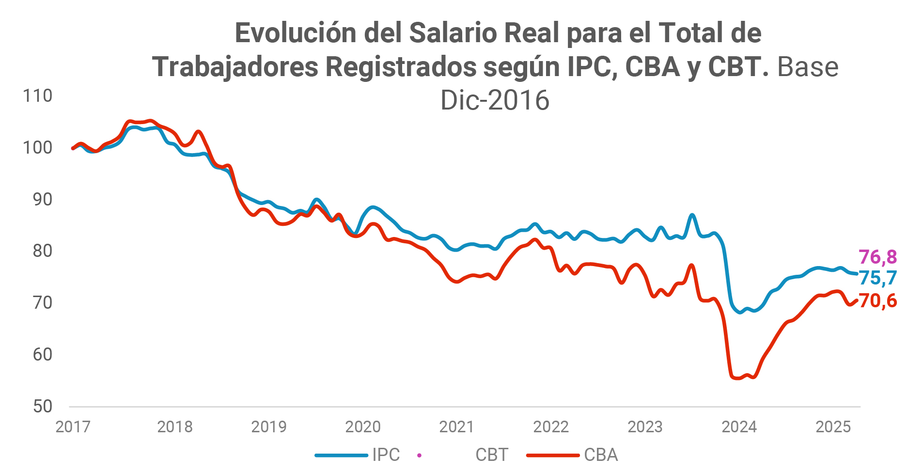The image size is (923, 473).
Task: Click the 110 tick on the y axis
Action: (37, 96)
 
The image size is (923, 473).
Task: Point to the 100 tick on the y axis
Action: (37, 147)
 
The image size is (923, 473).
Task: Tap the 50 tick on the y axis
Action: (42, 406)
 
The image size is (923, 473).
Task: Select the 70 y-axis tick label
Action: (42, 302)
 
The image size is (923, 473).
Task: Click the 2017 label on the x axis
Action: (73, 427)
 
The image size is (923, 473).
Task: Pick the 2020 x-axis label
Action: (363, 427)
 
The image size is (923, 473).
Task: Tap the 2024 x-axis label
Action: (739, 427)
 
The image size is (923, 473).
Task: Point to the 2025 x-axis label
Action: (833, 427)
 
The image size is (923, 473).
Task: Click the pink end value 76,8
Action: (877, 257)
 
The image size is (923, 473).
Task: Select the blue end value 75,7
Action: (877, 278)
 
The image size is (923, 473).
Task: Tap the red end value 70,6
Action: (877, 301)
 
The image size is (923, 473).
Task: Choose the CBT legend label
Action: (492, 455)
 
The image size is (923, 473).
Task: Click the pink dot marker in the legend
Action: (419, 455)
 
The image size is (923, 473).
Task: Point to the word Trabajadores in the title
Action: (235, 67)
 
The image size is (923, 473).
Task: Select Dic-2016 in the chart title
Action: (495, 100)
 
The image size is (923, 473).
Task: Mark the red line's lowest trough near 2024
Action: (737, 378)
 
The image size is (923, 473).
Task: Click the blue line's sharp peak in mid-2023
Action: (692, 215)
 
